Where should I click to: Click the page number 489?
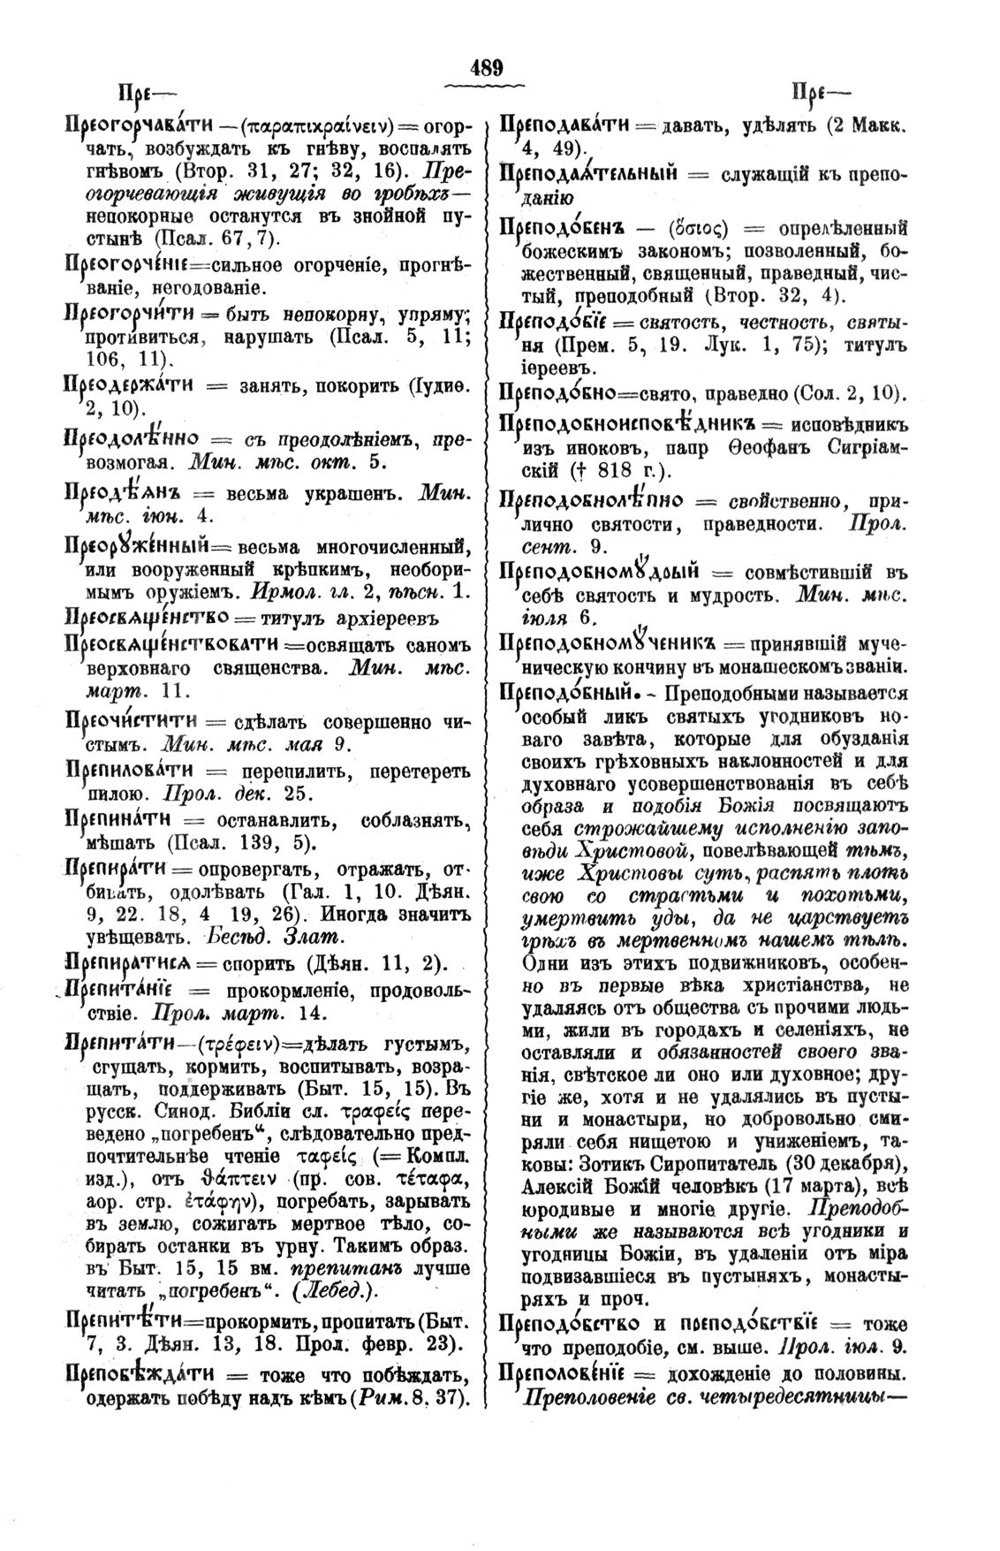(x=486, y=67)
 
